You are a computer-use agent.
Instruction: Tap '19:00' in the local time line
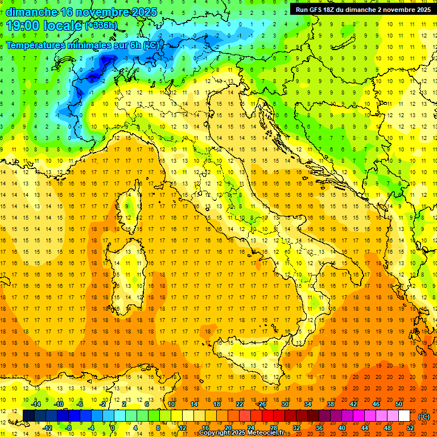(x=22, y=26)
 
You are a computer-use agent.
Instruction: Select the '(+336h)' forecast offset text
(x=101, y=26)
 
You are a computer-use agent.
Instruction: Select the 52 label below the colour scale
(x=410, y=427)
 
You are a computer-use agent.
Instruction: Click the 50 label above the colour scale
(x=399, y=404)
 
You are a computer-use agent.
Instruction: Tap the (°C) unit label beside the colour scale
(x=424, y=416)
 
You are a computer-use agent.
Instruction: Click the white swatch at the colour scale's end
(x=404, y=415)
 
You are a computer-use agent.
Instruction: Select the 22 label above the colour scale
(x=240, y=404)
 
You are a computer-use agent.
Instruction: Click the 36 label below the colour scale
(x=319, y=427)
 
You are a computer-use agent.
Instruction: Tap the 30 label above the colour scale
(x=285, y=404)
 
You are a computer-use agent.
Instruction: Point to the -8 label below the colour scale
(x=68, y=427)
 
